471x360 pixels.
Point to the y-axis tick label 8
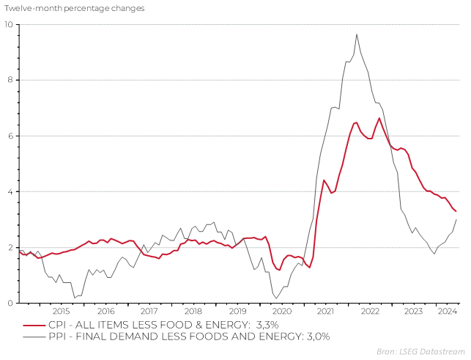10,80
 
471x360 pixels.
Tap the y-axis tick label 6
10,136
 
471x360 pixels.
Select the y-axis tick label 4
10,191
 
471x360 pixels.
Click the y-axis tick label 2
10,247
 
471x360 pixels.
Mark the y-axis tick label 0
10,303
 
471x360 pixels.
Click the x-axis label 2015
62,311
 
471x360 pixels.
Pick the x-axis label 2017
149,311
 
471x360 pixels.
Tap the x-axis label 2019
237,311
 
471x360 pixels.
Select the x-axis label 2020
281,311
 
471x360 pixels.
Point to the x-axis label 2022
369,311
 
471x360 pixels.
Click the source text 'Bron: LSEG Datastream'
425,352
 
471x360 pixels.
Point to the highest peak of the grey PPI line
357,34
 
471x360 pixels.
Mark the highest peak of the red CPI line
379,118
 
